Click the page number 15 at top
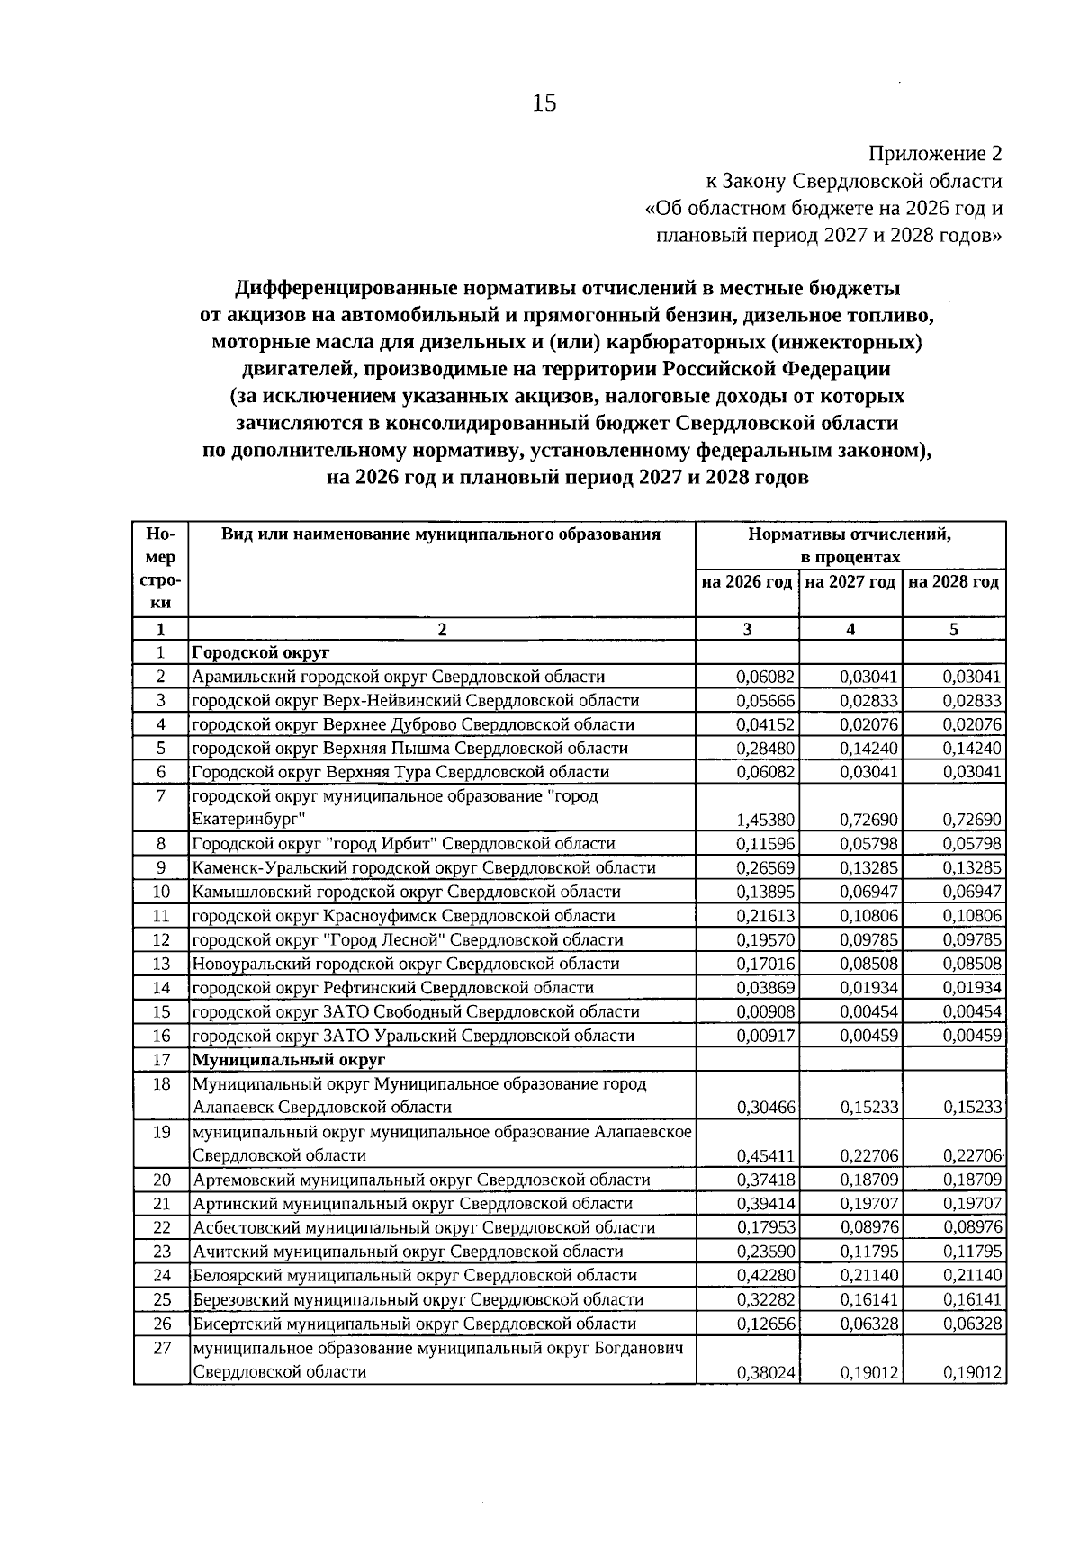coord(544,103)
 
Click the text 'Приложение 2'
coord(935,154)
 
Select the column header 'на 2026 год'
coord(747,582)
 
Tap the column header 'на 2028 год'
coord(954,582)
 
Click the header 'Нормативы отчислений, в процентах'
coord(850,545)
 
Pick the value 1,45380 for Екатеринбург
coord(765,821)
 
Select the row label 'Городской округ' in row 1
coord(261,652)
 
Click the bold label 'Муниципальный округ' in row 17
coord(289,1060)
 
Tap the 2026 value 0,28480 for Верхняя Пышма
coord(765,749)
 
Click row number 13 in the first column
coord(161,964)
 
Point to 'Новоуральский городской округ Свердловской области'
coord(406,964)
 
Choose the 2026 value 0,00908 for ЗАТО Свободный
coord(765,1012)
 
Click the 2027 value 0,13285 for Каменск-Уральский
coord(869,868)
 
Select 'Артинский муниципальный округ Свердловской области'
coord(412,1204)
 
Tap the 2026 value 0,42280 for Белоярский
coord(765,1276)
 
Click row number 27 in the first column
coord(161,1349)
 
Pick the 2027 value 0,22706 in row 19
coord(869,1156)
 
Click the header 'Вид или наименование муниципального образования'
coord(441,534)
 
